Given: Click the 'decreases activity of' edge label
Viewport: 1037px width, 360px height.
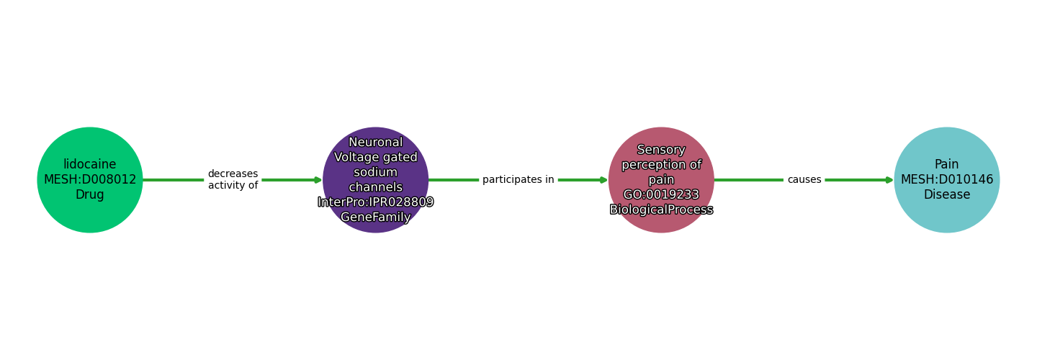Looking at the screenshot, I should (233, 180).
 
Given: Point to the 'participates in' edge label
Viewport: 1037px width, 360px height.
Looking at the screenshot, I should (518, 180).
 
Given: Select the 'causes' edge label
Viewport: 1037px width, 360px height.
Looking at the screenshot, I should (804, 180).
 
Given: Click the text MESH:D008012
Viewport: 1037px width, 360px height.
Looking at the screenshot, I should (90, 180).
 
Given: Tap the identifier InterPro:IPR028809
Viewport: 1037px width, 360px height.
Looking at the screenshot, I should (376, 202).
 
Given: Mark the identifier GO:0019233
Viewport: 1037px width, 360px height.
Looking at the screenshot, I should (661, 195).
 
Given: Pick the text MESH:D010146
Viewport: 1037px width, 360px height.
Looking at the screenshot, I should (947, 180).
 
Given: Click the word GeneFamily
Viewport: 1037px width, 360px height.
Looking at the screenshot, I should (376, 217).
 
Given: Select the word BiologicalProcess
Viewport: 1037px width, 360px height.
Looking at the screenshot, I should (661, 210).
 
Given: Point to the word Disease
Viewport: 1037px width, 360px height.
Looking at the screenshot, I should (947, 195).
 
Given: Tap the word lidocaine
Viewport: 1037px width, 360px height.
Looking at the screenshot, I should (90, 165).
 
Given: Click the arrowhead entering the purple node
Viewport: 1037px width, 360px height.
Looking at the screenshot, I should (318, 180).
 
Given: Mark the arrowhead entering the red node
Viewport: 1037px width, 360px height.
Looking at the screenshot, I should (603, 180).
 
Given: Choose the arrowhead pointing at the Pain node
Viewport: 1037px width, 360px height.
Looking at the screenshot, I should (889, 180).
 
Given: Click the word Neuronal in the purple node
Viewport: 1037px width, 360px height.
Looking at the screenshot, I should (376, 143).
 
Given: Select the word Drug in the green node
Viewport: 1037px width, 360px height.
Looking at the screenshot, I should (90, 195).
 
